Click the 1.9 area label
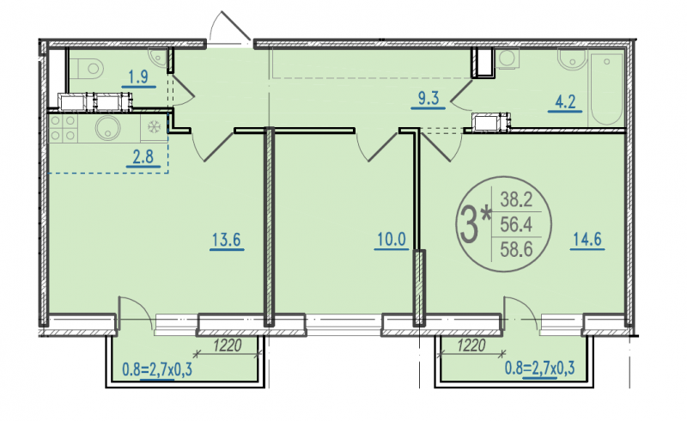tap(138, 76)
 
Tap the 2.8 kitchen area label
tap(143, 156)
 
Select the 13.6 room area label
tap(227, 240)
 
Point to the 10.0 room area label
tap(392, 240)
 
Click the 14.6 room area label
tap(587, 240)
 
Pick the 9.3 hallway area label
tap(428, 98)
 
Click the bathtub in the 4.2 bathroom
tap(607, 89)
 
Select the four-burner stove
tap(62, 128)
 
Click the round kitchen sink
tap(108, 128)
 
